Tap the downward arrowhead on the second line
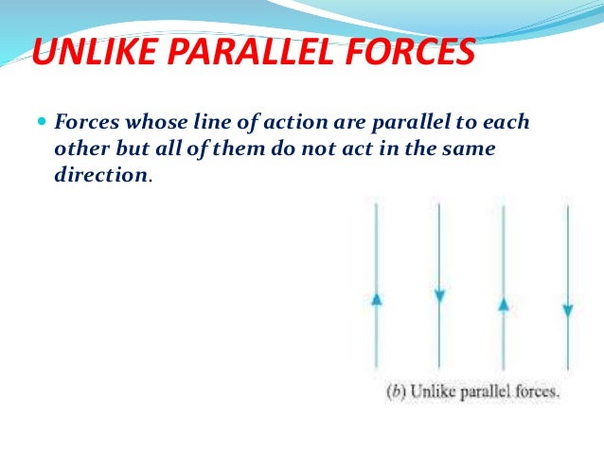click(439, 297)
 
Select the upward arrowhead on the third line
click(504, 305)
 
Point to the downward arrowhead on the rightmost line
click(567, 310)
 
